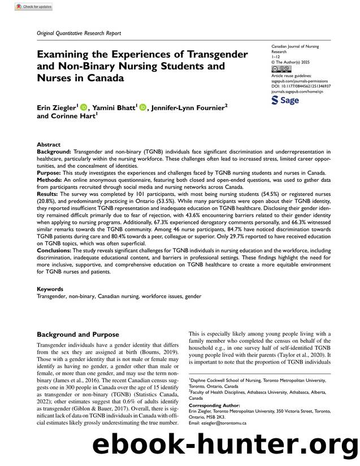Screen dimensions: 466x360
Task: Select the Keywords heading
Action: pos(50,288)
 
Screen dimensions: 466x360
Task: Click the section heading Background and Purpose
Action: pos(78,333)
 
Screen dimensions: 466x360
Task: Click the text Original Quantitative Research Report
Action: pos(79,33)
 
